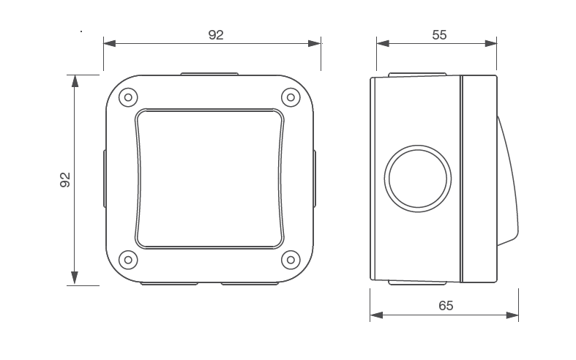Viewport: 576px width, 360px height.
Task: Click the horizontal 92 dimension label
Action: [x=215, y=35]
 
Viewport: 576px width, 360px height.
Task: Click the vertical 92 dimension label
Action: [x=64, y=180]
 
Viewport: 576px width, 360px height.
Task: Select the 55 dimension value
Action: [x=439, y=34]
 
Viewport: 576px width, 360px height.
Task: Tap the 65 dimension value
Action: [x=446, y=306]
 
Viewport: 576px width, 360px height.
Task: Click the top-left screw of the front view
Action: [x=128, y=97]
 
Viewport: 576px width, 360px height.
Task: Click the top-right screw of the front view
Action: [x=291, y=97]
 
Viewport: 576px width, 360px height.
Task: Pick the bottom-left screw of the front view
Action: [x=128, y=259]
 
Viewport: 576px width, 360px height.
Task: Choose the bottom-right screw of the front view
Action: [x=291, y=259]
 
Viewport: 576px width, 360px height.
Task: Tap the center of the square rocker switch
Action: [x=209, y=178]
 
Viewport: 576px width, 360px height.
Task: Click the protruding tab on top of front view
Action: [x=209, y=73]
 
